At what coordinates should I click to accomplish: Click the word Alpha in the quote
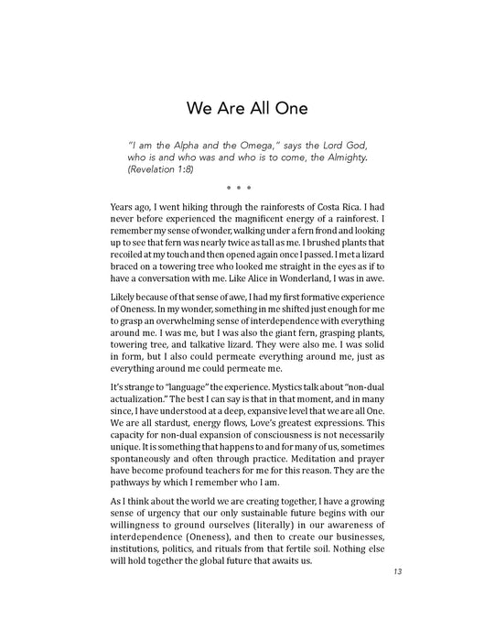(x=193, y=145)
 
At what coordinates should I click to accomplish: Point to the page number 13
(x=396, y=572)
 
